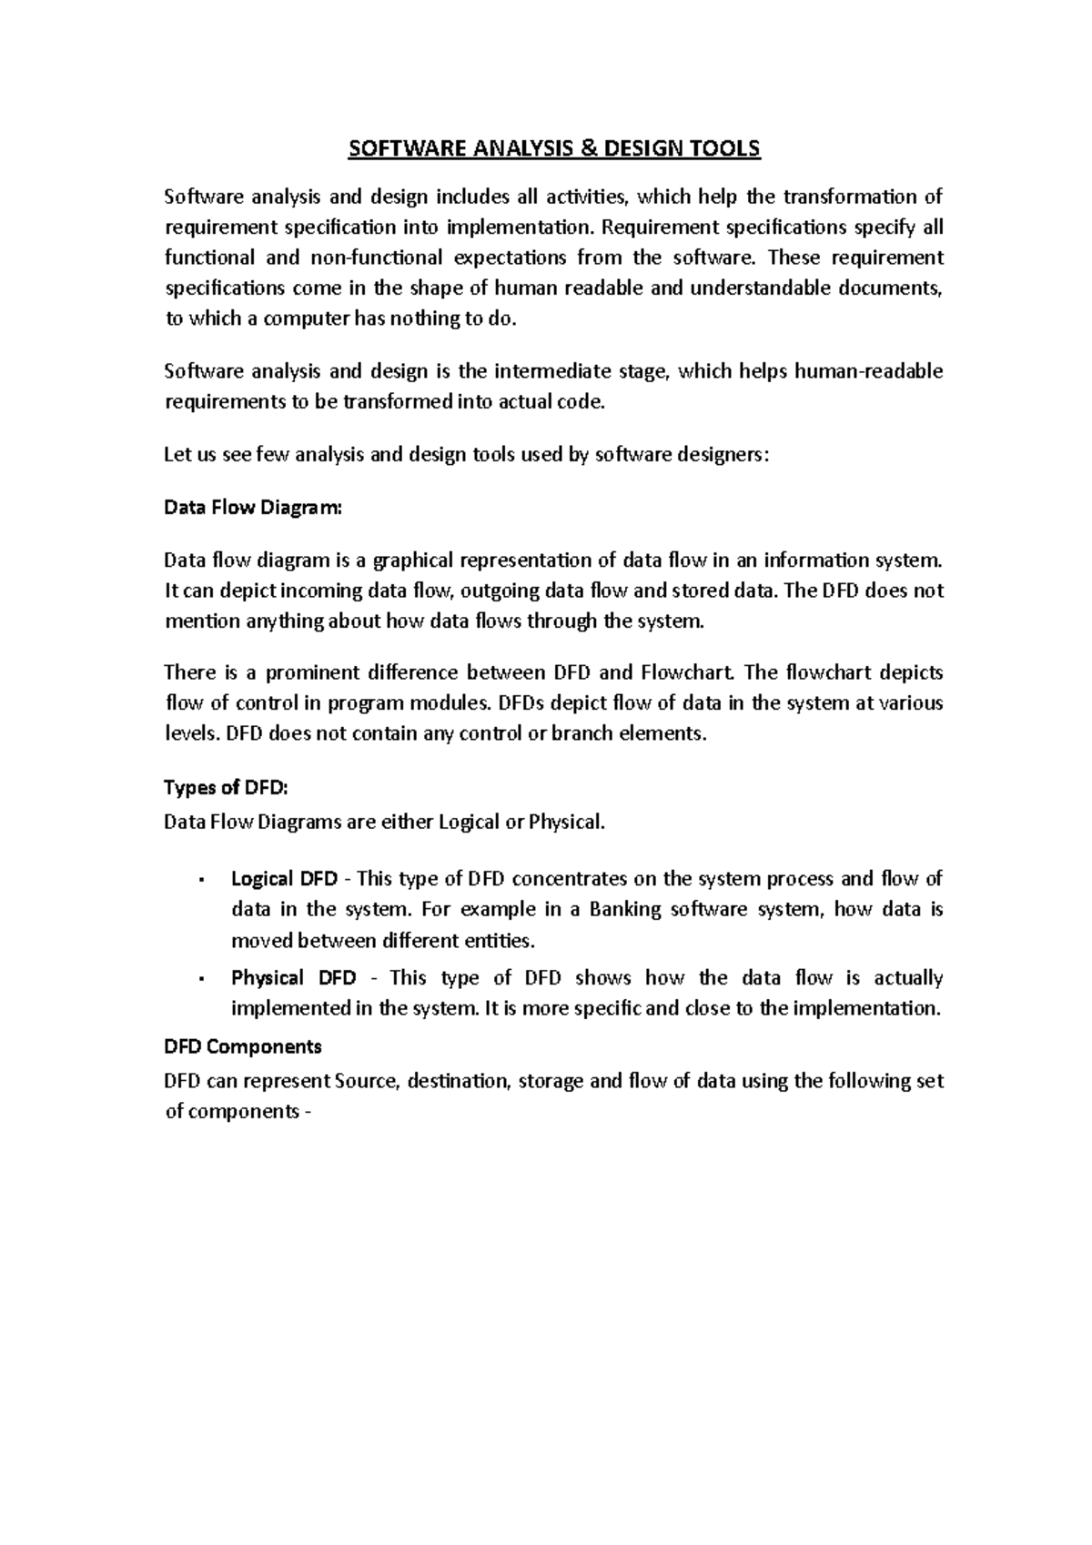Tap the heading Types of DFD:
click(225, 788)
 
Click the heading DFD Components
click(243, 1046)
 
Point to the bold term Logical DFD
click(284, 879)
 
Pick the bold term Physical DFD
click(293, 978)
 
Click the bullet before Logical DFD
click(199, 880)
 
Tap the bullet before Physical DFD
click(199, 979)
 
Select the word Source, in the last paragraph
click(366, 1082)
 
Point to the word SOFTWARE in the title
click(393, 148)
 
